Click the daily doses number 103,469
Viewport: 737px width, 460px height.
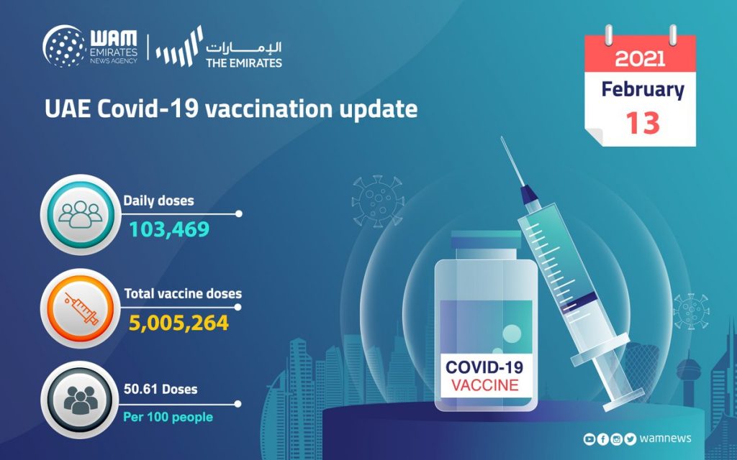coord(169,229)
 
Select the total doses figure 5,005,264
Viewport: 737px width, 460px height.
coord(178,323)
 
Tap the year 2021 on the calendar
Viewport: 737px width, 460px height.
coord(640,59)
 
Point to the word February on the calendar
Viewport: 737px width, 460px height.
coord(643,89)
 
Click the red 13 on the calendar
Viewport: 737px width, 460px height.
coord(643,123)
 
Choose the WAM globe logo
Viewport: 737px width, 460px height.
coord(64,46)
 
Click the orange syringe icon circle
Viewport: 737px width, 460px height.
coord(81,309)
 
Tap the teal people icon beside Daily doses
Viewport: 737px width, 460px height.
coord(81,215)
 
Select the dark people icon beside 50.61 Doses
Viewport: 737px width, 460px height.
coord(81,400)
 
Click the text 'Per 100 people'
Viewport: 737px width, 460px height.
coord(168,417)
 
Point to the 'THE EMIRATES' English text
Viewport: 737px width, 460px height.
coord(244,63)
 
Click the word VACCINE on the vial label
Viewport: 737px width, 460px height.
coord(484,385)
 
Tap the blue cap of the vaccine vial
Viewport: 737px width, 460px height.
coord(486,240)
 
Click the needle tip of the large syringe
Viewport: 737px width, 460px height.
coord(502,137)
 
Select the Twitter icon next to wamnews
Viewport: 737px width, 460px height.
coord(630,439)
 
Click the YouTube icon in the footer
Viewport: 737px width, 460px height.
coord(589,439)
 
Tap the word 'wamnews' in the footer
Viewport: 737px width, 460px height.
coord(666,438)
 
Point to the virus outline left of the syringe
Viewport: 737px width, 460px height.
coord(378,201)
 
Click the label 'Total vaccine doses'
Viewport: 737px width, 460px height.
coord(183,294)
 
